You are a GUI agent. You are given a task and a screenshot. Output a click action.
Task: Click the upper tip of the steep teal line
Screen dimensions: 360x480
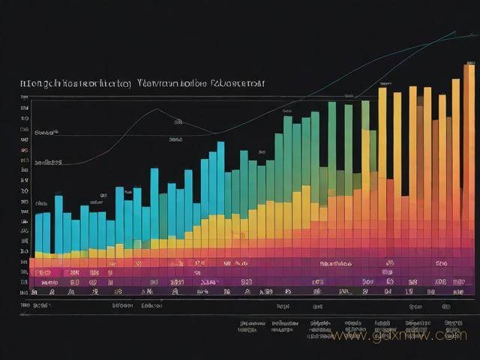tap(454, 31)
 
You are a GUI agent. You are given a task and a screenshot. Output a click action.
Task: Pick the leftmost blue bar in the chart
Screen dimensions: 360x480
tap(38, 232)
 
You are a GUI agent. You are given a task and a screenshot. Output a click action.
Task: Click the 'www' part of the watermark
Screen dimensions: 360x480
tap(347, 337)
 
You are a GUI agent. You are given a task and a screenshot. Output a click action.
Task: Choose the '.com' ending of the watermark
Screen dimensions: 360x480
tap(452, 337)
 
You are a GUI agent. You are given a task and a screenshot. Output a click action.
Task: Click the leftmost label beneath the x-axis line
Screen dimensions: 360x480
tap(35, 306)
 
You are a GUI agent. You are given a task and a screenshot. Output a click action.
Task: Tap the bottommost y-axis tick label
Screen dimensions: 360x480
tap(25, 292)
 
